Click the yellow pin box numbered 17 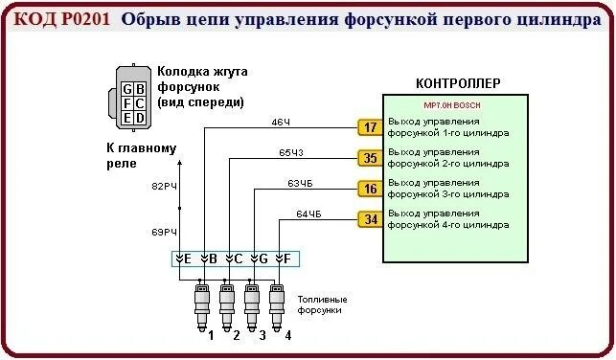369,127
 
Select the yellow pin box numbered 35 369,158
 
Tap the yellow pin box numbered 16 369,189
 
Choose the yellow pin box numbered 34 369,220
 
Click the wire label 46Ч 281,123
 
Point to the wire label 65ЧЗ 291,153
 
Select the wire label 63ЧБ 300,184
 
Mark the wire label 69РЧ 165,233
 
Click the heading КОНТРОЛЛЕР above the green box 458,83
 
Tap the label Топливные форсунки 322,304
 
